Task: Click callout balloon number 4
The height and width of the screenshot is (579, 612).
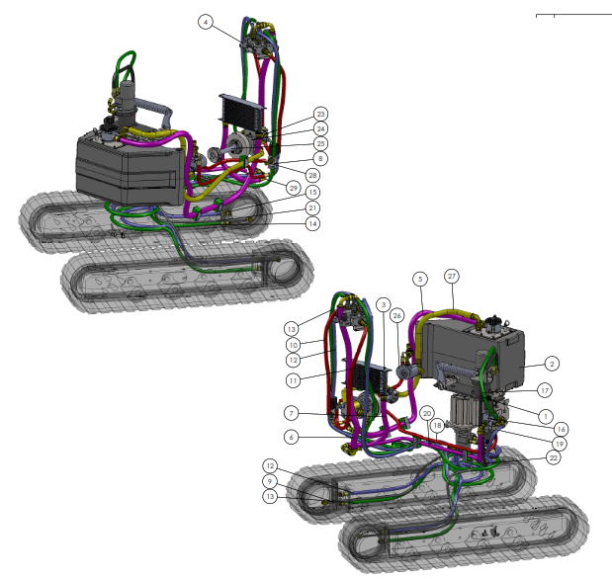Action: [x=206, y=22]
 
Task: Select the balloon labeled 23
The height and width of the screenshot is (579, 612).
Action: [x=320, y=114]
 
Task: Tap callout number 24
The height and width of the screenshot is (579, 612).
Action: [x=320, y=128]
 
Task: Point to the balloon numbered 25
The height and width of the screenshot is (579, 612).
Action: [x=320, y=143]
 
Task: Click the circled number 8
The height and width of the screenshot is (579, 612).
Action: [x=320, y=158]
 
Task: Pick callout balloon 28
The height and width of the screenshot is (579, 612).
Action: [x=312, y=175]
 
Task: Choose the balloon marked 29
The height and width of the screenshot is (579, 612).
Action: [x=293, y=189]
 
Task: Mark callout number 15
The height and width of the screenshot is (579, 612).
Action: [x=312, y=192]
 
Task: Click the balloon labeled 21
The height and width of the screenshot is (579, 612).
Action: [x=312, y=207]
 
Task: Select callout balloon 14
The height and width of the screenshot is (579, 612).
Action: [x=312, y=223]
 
